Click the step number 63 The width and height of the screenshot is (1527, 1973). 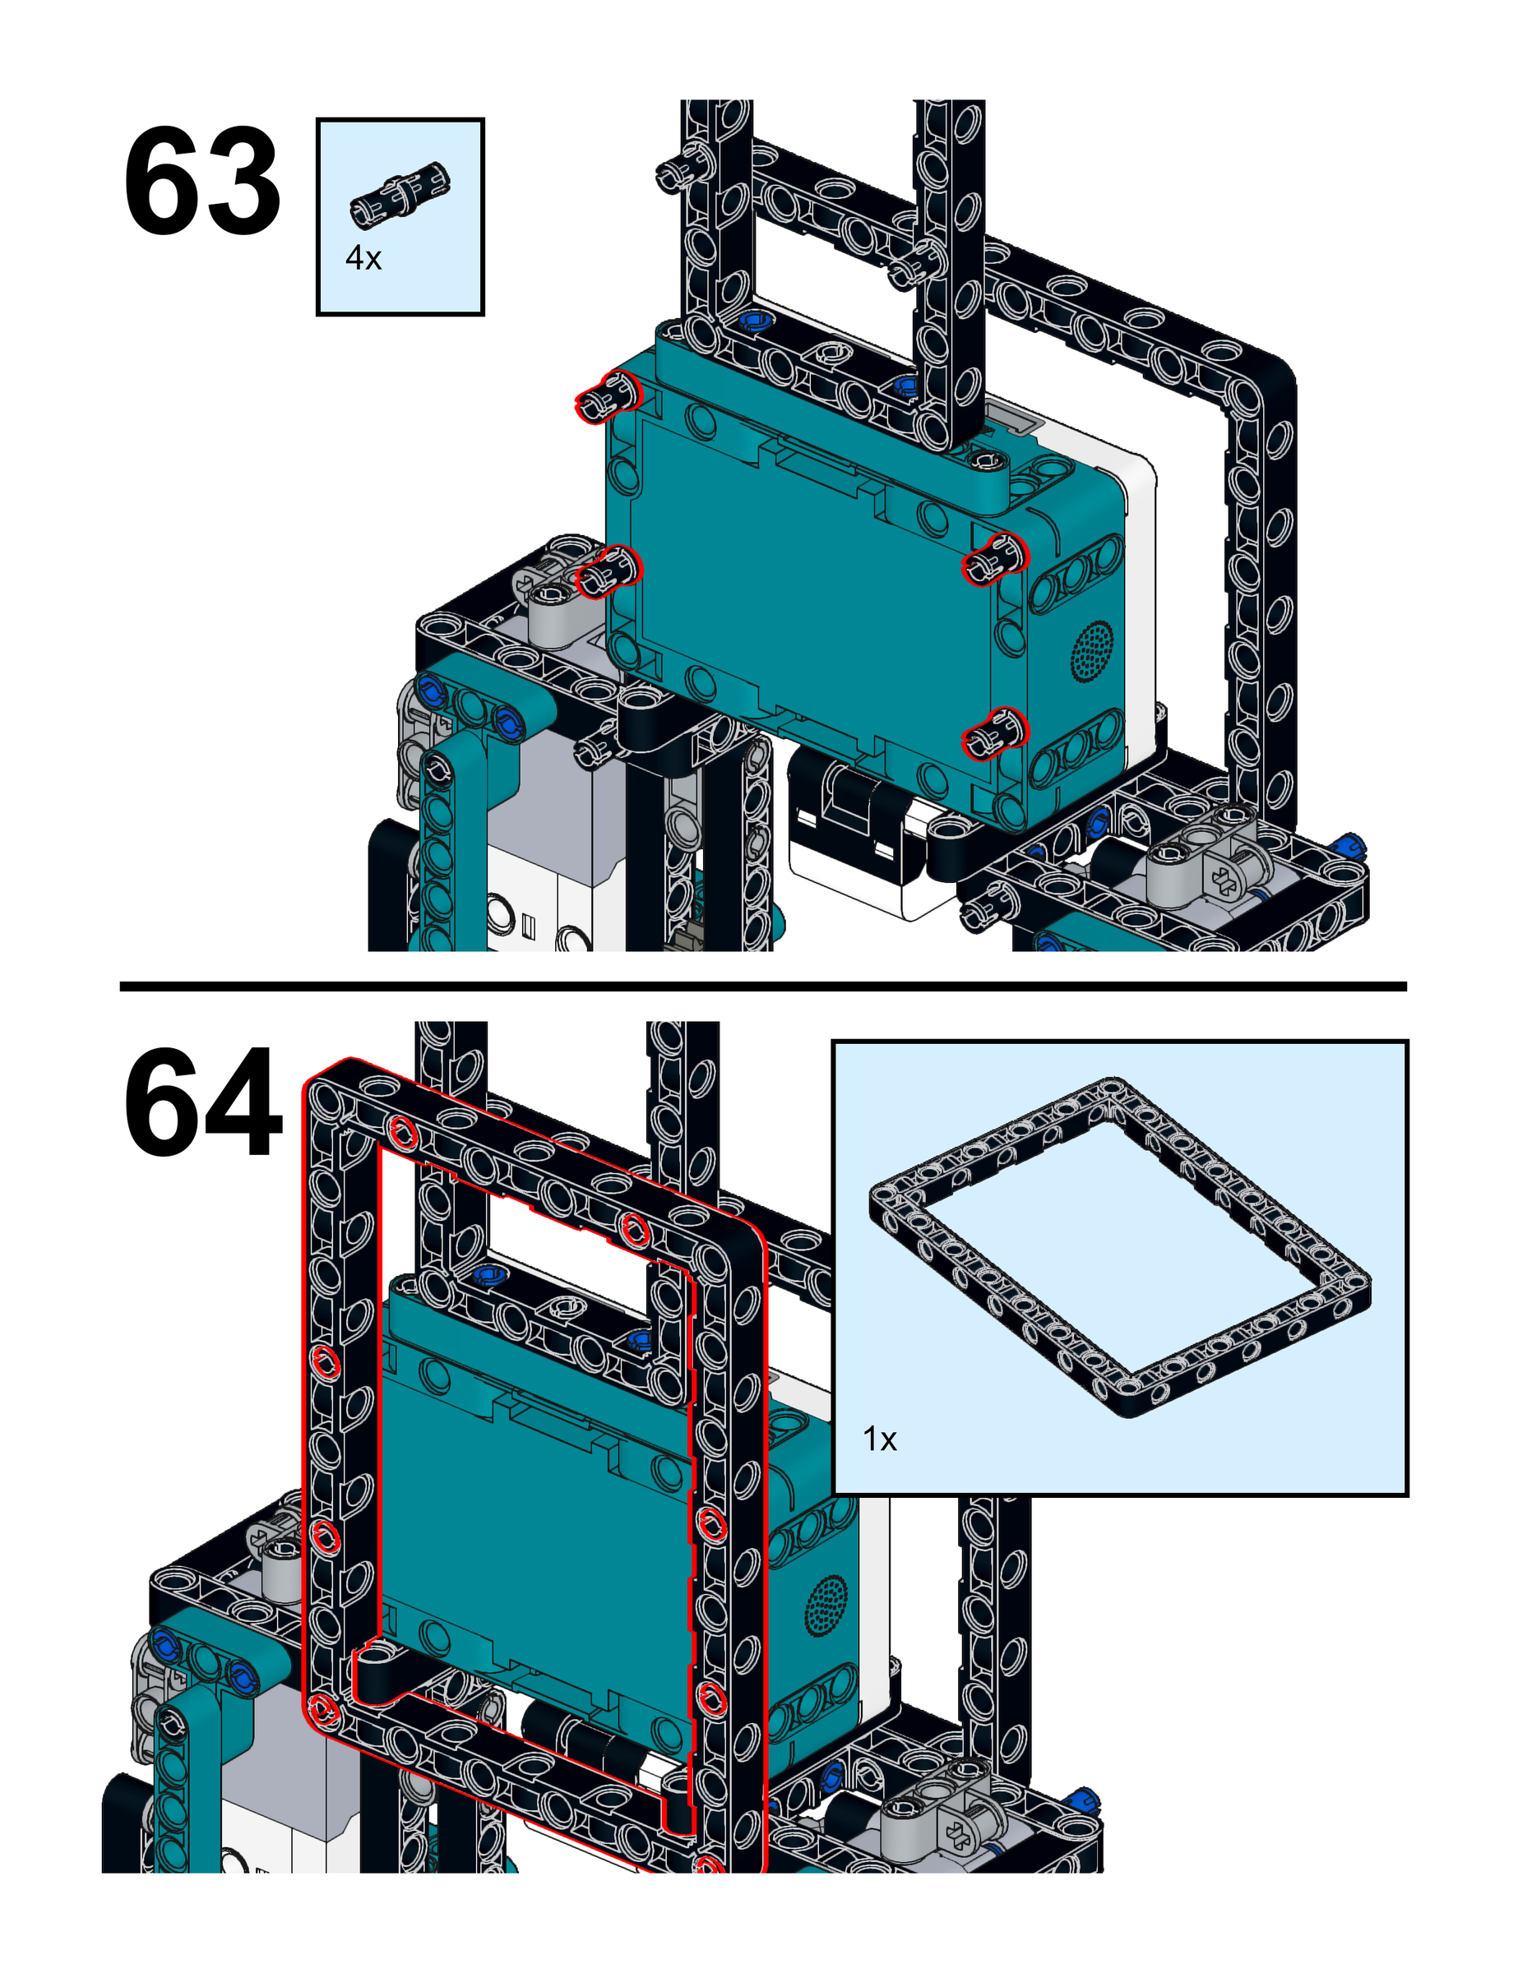coord(201,183)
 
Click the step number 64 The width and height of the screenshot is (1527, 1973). coord(202,1102)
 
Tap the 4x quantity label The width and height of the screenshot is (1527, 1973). coord(363,259)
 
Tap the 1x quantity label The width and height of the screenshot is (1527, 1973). coord(879,1439)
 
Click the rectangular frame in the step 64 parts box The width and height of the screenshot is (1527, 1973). coord(1121,1246)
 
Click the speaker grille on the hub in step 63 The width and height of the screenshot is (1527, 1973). coord(1092,649)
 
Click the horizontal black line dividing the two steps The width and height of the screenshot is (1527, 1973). coord(762,987)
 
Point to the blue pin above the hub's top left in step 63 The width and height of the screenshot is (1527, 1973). coord(752,321)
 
